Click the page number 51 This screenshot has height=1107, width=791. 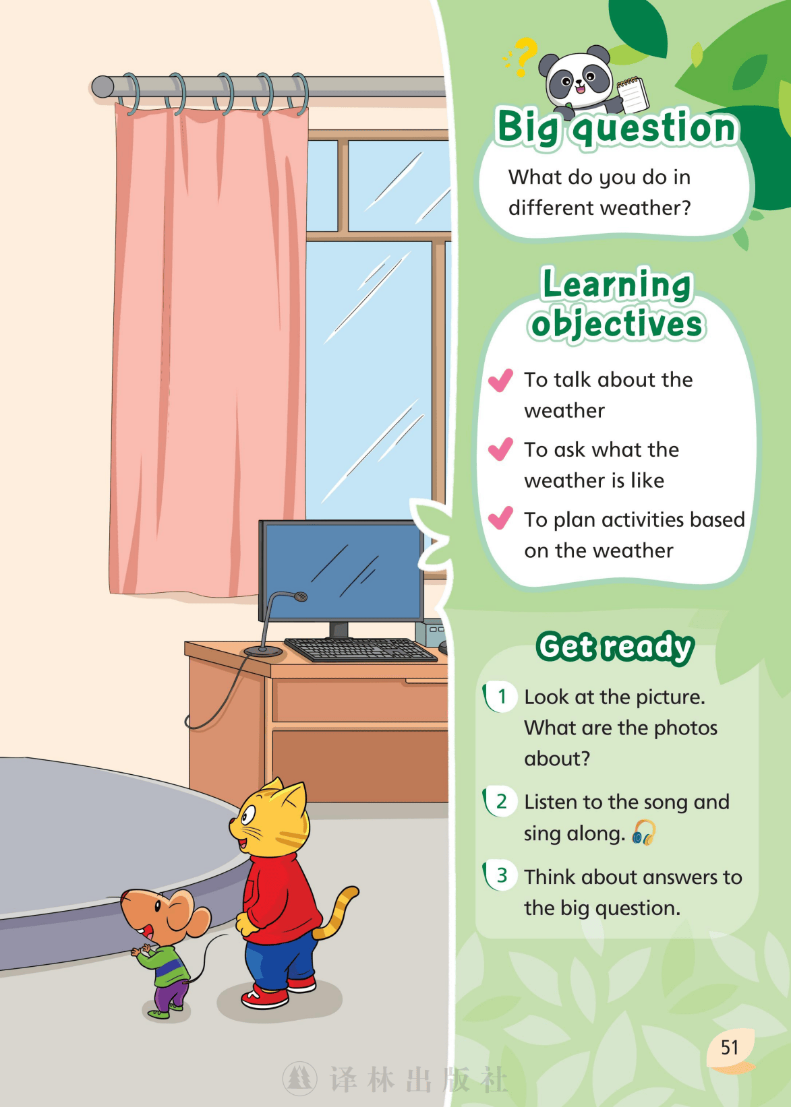tap(730, 1047)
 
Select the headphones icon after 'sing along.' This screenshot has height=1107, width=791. tap(644, 833)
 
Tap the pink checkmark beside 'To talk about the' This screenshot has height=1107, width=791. tap(500, 380)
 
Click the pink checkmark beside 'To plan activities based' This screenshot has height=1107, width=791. tap(500, 518)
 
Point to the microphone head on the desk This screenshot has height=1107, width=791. tap(300, 596)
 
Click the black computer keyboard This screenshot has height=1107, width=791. tap(361, 650)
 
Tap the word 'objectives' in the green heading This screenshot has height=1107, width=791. tap(617, 325)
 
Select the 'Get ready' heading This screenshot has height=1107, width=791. tap(616, 647)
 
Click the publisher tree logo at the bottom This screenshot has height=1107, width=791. tap(299, 1078)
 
